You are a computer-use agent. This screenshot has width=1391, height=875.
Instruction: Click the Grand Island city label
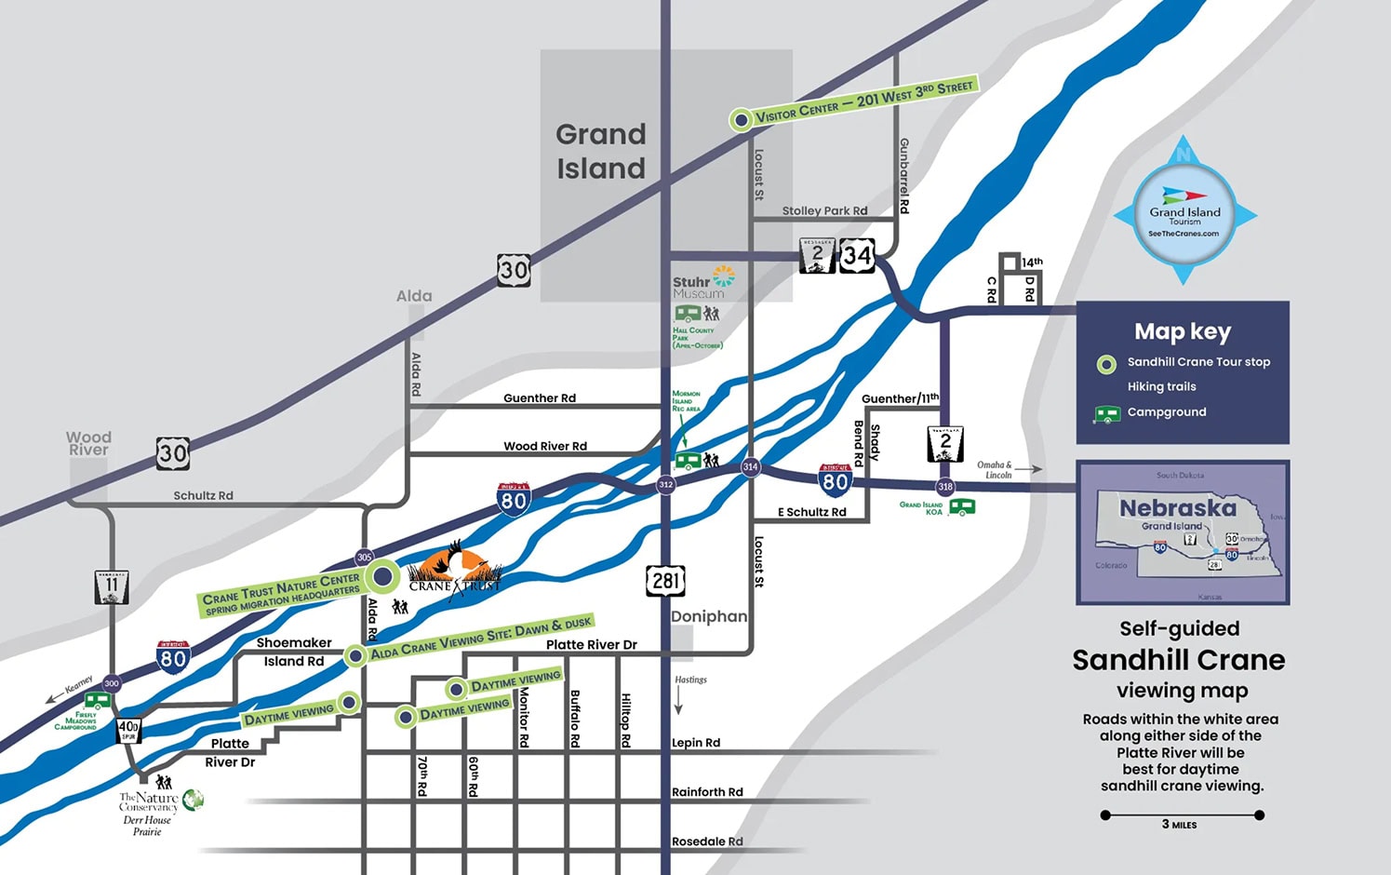[x=601, y=151]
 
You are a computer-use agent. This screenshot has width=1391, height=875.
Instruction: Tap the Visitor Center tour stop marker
[x=741, y=119]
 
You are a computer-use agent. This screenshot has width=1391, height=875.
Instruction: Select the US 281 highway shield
[x=665, y=582]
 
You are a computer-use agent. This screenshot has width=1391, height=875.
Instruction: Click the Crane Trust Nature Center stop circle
[x=381, y=576]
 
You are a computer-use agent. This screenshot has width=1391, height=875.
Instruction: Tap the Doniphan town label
[x=709, y=616]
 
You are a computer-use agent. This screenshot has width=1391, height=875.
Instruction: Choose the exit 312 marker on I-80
[x=665, y=484]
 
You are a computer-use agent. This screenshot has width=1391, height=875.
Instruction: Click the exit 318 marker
[x=945, y=486]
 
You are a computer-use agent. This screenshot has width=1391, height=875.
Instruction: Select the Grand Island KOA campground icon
[x=962, y=507]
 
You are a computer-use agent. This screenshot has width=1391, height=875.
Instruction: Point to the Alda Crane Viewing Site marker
[x=354, y=656]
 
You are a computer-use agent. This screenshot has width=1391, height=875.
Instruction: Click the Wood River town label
[x=88, y=443]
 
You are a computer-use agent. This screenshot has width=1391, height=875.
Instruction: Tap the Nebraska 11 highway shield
[x=112, y=586]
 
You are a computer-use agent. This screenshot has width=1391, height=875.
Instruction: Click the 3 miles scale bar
[x=1182, y=815]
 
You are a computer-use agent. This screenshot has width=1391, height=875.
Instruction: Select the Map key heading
[x=1183, y=331]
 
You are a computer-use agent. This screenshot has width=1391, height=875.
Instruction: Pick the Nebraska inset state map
[x=1183, y=533]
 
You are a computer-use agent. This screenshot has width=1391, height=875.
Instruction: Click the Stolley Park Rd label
[x=824, y=210]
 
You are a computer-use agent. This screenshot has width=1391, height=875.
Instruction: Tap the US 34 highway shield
[x=857, y=255]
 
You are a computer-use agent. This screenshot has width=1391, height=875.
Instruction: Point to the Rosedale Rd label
[x=707, y=841]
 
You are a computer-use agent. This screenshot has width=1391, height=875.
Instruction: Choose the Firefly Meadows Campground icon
[x=97, y=700]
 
